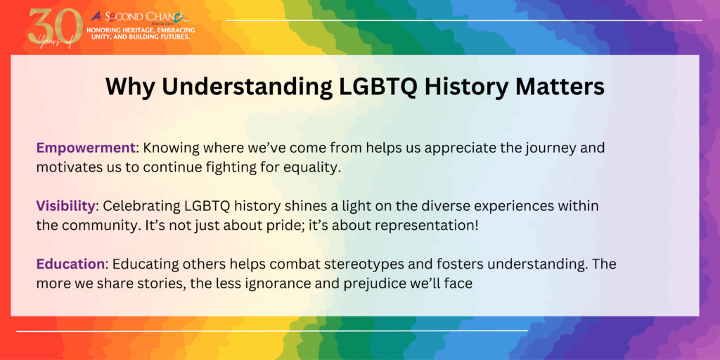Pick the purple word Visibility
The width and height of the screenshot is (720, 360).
point(65,206)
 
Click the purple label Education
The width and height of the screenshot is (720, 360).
point(70,264)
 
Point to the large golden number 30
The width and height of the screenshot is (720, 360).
point(52,27)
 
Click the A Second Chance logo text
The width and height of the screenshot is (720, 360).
point(141,18)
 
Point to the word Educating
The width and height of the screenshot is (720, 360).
point(141,265)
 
